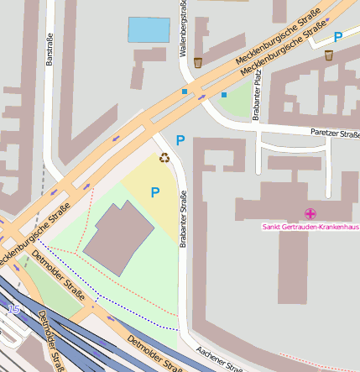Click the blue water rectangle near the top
click(149, 30)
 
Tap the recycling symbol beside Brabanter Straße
click(164, 157)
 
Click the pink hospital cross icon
click(310, 214)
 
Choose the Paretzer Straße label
click(335, 132)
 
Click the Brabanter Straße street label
click(182, 218)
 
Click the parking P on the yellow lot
click(154, 192)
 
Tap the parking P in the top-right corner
click(337, 37)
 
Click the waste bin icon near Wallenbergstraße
click(198, 62)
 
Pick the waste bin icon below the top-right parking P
click(328, 55)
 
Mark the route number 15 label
click(13, 310)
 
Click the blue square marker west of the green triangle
click(224, 95)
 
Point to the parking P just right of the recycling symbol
click(179, 141)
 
